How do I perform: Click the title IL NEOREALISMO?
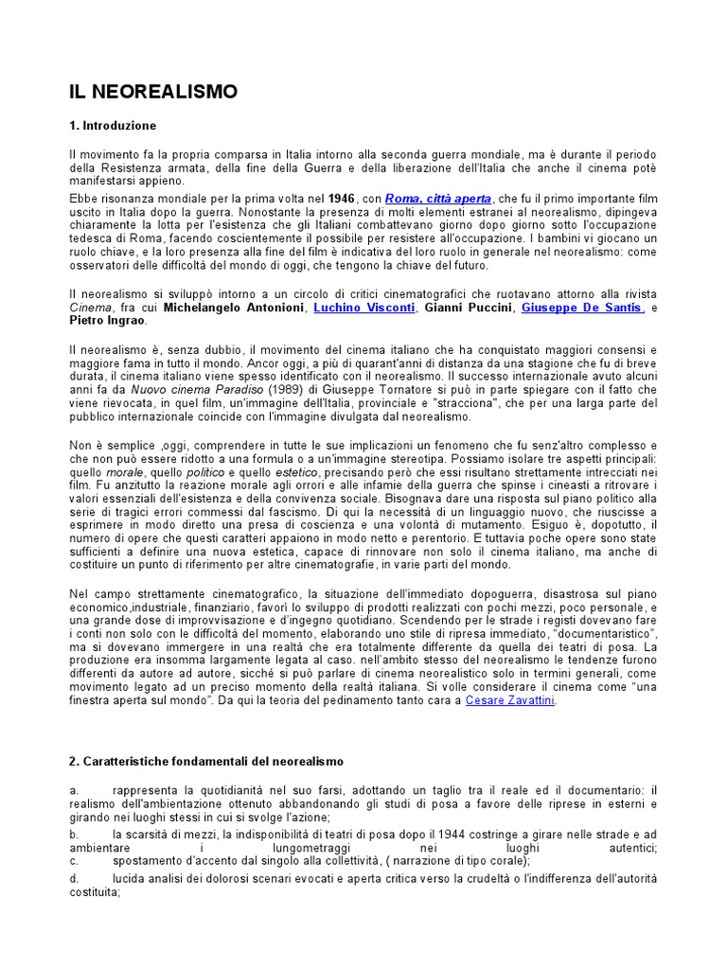click(152, 92)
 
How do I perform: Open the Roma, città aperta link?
click(438, 200)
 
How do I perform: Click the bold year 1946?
click(341, 200)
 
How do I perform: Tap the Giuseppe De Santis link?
click(582, 308)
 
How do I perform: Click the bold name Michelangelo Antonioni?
click(233, 308)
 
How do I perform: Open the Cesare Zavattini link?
click(510, 700)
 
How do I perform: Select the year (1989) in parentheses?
click(260, 389)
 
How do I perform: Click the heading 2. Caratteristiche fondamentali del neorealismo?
click(206, 761)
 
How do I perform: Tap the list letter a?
click(73, 790)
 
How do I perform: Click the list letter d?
click(74, 879)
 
